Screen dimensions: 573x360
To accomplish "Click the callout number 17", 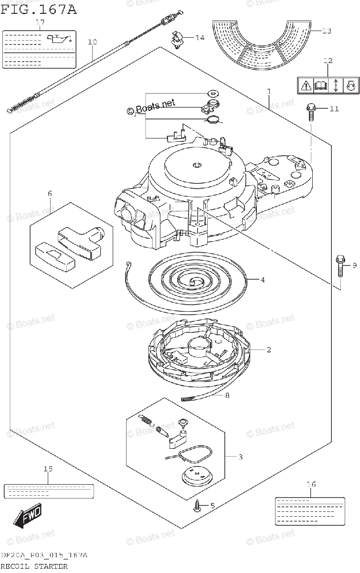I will click(x=40, y=22).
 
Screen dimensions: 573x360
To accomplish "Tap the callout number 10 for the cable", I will click(x=92, y=42).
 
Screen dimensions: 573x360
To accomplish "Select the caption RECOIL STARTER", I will click(x=33, y=566).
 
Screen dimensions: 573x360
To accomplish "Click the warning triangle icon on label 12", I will click(x=305, y=86).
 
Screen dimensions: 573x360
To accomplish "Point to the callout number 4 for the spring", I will click(x=262, y=280).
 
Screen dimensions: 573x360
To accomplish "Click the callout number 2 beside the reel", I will click(x=269, y=350).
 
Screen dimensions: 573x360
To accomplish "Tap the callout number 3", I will click(x=240, y=457).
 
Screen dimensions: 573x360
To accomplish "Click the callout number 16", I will click(x=311, y=484).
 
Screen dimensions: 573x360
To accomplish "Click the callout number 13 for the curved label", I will click(x=326, y=31).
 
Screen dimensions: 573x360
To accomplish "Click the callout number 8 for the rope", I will click(x=227, y=395).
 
